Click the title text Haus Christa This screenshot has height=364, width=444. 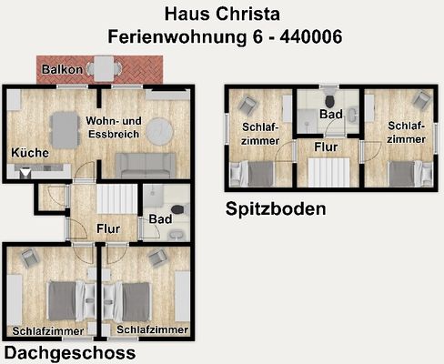[221, 15]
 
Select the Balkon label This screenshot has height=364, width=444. [63, 69]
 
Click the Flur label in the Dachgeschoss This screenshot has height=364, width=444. [109, 229]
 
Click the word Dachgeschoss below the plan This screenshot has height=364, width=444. [70, 352]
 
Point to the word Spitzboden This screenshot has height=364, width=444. [275, 209]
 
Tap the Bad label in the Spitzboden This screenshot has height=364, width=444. [329, 115]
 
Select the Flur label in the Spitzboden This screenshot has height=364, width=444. [328, 145]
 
